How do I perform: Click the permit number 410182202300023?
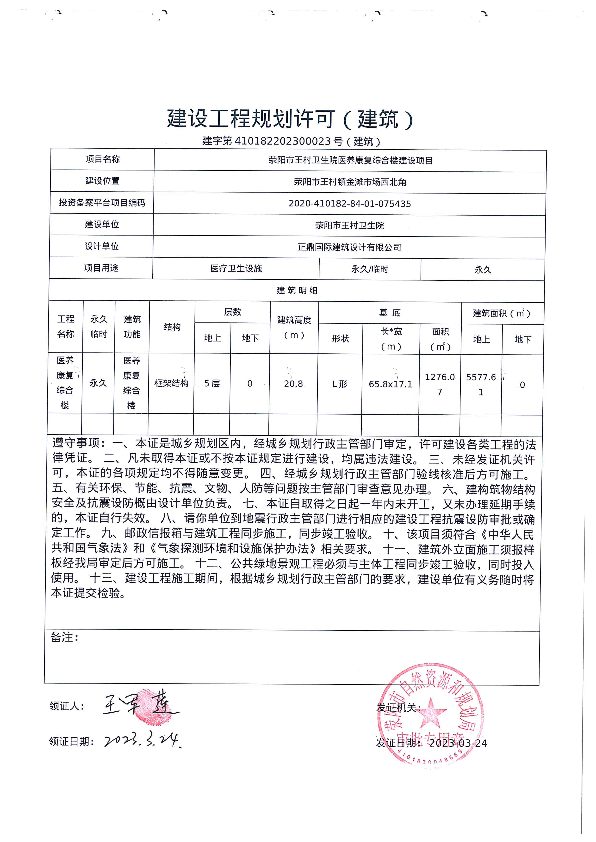(x=282, y=141)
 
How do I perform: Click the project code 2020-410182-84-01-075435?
(x=349, y=204)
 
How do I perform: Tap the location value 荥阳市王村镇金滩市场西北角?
(x=350, y=182)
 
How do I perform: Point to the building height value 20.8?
(x=293, y=384)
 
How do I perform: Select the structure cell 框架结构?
(x=171, y=383)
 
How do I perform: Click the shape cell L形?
(x=340, y=384)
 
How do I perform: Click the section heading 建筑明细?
(x=297, y=291)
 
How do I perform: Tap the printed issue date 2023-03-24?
(x=458, y=743)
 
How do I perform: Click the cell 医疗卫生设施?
(x=236, y=268)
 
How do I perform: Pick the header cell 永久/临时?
(x=370, y=269)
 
